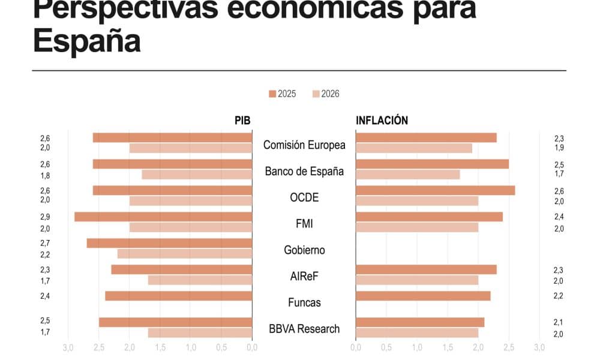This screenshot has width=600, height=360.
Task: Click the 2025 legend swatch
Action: point(272,94)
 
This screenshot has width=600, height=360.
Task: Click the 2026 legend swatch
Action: point(316,94)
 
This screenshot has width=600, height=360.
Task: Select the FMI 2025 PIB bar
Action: point(163,217)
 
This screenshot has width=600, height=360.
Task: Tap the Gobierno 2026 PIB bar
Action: point(185,254)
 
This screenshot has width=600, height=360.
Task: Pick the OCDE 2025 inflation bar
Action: point(435,190)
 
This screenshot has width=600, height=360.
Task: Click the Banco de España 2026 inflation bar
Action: point(407,175)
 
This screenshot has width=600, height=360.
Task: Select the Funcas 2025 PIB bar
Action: point(178,296)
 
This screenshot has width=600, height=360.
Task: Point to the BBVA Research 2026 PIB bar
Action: point(200,332)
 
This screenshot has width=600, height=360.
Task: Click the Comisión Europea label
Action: point(304,145)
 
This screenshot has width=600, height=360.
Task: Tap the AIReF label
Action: point(304,276)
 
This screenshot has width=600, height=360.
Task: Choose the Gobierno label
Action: point(304,250)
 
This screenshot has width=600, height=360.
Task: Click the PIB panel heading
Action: point(242,121)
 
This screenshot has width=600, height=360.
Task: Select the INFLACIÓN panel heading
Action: point(382,121)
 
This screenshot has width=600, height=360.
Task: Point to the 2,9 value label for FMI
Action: point(45,217)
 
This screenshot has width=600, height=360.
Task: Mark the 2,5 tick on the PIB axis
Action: point(99,347)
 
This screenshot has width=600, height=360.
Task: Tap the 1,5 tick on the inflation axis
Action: point(448,347)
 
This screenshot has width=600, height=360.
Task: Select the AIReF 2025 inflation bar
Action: point(426,269)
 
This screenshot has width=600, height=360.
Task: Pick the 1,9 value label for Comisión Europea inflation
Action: point(558,148)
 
